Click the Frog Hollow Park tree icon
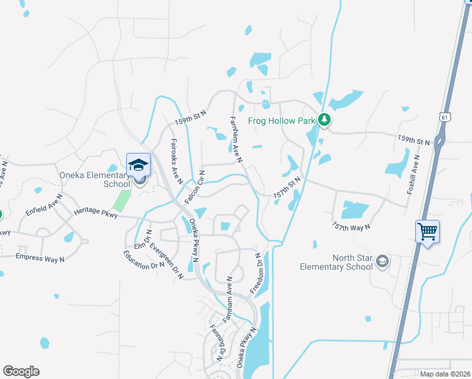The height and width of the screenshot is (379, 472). [324, 119]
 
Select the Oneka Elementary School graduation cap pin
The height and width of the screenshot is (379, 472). [138, 165]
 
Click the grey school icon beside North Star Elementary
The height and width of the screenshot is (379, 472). [381, 262]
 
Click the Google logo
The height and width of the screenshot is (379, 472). [21, 371]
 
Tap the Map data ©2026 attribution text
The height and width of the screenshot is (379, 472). [445, 374]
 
